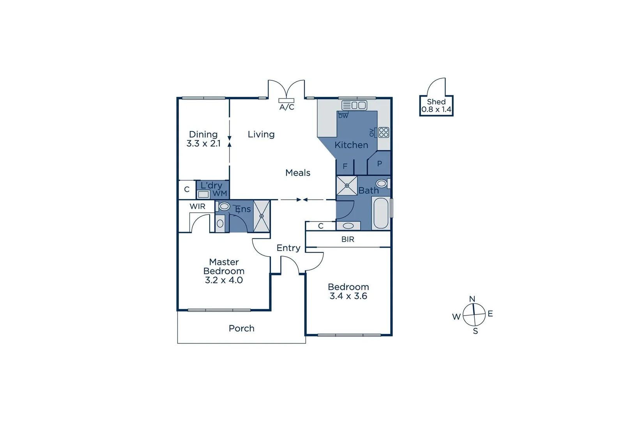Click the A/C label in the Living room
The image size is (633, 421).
(286, 107)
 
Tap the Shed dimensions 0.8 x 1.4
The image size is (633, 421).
(436, 110)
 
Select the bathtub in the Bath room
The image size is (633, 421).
(381, 213)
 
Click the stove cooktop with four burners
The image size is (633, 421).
(384, 132)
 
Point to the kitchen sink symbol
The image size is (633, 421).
(354, 105)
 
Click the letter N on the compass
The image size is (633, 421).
(472, 299)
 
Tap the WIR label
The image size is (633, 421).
(197, 207)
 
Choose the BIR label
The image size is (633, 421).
(348, 239)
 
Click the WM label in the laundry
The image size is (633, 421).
(219, 193)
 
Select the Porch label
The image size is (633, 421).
(241, 328)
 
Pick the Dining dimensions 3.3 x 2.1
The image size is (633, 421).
(203, 143)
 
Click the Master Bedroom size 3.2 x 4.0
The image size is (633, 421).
(224, 280)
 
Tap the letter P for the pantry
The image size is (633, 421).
(379, 164)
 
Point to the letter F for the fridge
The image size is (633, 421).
(345, 166)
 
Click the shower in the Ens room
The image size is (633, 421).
(262, 216)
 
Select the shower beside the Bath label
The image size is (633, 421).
(347, 186)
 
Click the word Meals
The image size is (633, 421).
(298, 173)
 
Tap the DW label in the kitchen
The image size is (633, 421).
(343, 116)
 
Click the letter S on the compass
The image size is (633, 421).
(475, 331)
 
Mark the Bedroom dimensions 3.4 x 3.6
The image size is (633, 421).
(348, 296)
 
